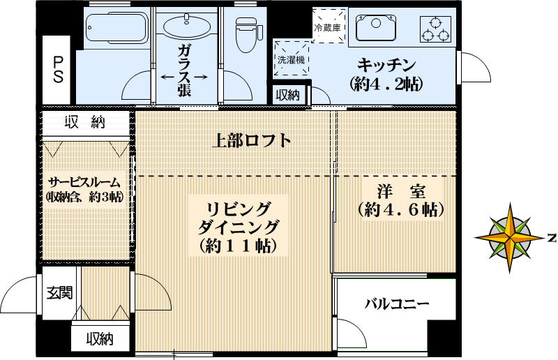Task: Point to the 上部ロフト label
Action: coord(251,140)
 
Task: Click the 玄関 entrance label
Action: coord(59,293)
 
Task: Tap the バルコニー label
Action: coord(397,303)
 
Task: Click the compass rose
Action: coord(512,237)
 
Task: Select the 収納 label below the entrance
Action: coord(100,339)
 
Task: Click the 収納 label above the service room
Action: coord(85,123)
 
